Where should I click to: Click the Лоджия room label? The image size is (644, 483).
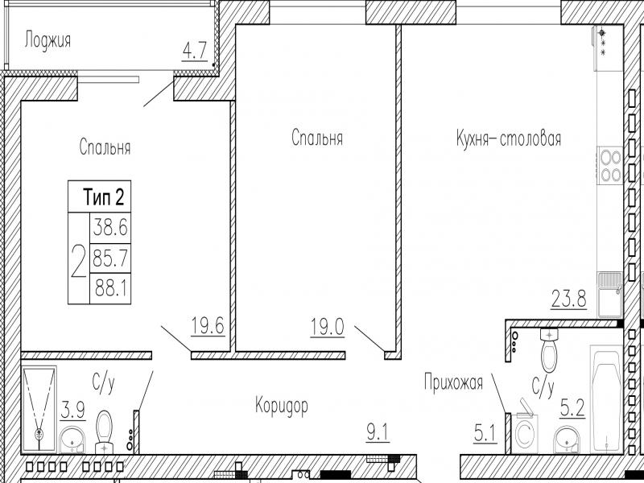pos(47,41)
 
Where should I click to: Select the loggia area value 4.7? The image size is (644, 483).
pos(194,52)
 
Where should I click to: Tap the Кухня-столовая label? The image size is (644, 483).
pos(509,139)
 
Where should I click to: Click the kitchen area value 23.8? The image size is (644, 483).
pos(569,299)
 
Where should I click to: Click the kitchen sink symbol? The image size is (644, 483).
pos(611,295)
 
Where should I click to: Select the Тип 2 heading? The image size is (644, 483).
pos(104,196)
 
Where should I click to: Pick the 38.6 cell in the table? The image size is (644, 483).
pos(110,227)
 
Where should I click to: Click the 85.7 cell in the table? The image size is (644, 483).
pos(110,258)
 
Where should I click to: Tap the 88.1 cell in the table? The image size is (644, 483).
pos(110,289)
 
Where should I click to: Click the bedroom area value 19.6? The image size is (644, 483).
pos(208,326)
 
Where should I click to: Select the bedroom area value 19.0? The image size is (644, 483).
pos(328,328)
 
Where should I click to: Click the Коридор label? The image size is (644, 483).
pos(281,407)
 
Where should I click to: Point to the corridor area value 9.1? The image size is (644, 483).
pos(378,433)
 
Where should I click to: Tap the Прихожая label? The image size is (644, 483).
pos(453,382)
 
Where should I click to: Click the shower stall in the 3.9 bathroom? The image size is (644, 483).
pos(39,409)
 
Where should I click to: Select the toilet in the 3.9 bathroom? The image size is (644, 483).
pos(105,432)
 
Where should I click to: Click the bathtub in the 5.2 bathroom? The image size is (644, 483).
pos(607,399)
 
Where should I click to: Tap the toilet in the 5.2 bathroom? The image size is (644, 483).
pos(549,350)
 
